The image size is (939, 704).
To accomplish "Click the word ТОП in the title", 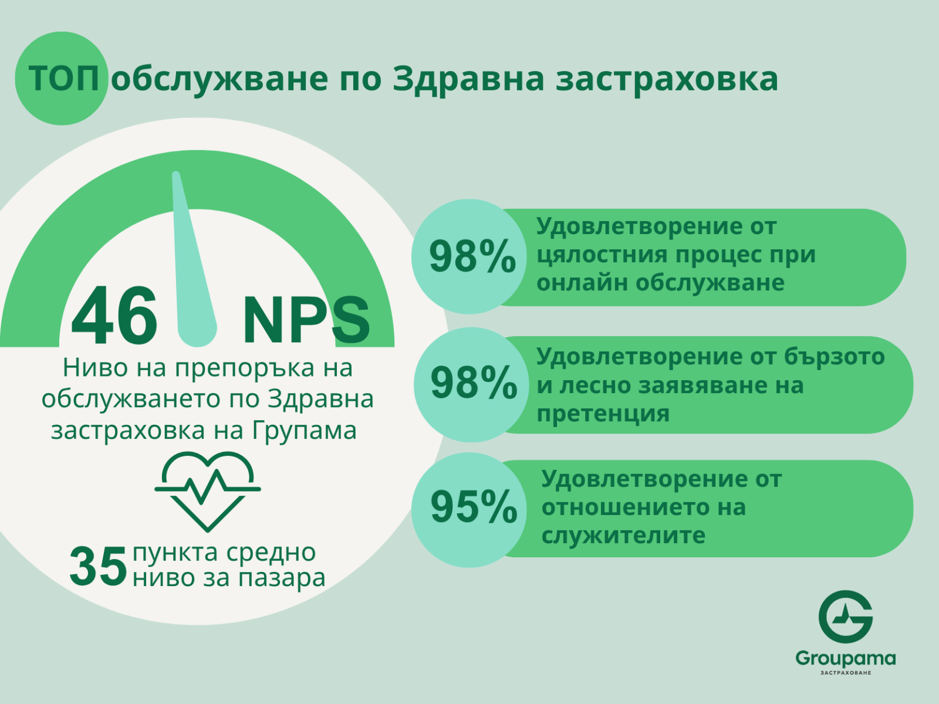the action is click(x=64, y=79).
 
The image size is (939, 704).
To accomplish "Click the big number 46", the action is click(x=114, y=316).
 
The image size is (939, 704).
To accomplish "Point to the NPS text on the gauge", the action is click(x=306, y=319).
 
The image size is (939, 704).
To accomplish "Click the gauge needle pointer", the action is click(x=194, y=259).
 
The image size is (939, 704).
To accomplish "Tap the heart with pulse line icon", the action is click(x=208, y=492).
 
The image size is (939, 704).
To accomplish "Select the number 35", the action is click(x=99, y=567).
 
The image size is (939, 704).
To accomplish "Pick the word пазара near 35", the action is click(x=282, y=578).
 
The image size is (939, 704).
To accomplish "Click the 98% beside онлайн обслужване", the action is click(x=472, y=256).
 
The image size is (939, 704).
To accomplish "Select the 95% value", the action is click(x=474, y=507).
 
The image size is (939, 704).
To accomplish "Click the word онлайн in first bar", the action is click(x=582, y=283).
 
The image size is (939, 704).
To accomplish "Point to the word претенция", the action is click(x=603, y=414).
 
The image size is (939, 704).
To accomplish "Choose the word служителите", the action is click(x=623, y=535).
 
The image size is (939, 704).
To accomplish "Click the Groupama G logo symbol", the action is click(x=845, y=617).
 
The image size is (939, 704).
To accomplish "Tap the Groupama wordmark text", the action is click(x=845, y=659).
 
